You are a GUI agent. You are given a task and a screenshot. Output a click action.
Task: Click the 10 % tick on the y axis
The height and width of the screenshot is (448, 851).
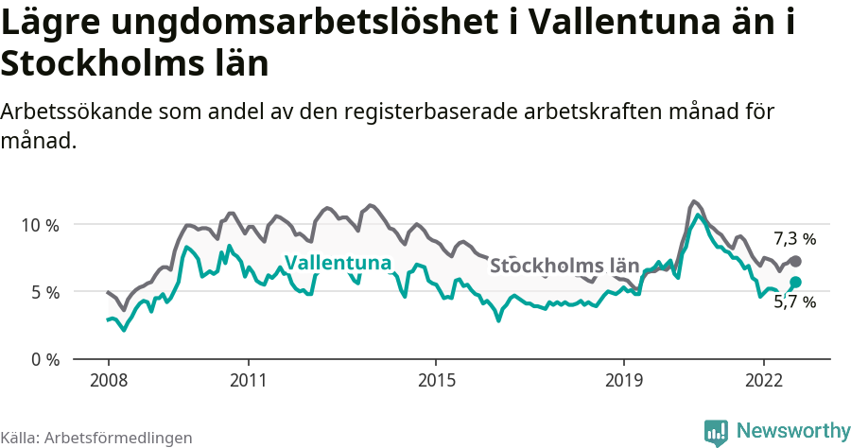pyautogui.click(x=41, y=225)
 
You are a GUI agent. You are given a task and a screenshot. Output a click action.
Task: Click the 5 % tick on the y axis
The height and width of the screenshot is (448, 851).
pyautogui.click(x=44, y=292)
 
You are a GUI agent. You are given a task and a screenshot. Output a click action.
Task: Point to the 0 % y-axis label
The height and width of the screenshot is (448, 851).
pyautogui.click(x=44, y=359)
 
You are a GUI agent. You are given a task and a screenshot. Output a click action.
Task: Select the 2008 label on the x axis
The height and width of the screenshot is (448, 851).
pyautogui.click(x=108, y=380)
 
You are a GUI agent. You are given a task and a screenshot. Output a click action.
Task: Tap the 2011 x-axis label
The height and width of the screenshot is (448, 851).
pyautogui.click(x=248, y=380)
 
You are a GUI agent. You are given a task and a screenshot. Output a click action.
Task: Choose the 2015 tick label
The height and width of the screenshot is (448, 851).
pyautogui.click(x=435, y=380)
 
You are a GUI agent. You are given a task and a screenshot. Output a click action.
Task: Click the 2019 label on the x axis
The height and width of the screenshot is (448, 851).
pyautogui.click(x=623, y=380)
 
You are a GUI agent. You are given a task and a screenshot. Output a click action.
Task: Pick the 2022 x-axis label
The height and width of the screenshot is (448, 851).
pyautogui.click(x=763, y=380)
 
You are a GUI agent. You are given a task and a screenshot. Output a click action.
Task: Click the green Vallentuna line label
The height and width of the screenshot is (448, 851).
pyautogui.click(x=338, y=263)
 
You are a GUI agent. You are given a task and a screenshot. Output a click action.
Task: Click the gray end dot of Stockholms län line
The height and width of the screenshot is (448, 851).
pyautogui.click(x=796, y=261)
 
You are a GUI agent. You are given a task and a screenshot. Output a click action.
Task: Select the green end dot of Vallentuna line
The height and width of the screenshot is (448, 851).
pyautogui.click(x=796, y=282)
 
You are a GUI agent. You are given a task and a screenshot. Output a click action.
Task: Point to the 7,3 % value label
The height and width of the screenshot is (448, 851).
pyautogui.click(x=794, y=238)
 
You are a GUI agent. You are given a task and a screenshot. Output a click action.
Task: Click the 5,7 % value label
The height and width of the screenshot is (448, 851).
pyautogui.click(x=794, y=302)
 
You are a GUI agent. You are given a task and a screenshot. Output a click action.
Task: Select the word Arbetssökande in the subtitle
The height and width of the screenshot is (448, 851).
pyautogui.click(x=79, y=111)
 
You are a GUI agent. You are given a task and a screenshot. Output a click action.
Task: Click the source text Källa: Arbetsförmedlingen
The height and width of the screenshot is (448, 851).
pyautogui.click(x=96, y=438)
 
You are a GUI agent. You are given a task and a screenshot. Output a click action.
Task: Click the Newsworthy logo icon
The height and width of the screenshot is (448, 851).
pyautogui.click(x=716, y=432)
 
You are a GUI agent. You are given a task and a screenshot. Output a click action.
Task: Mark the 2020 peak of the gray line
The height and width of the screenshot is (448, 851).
pyautogui.click(x=694, y=201)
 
